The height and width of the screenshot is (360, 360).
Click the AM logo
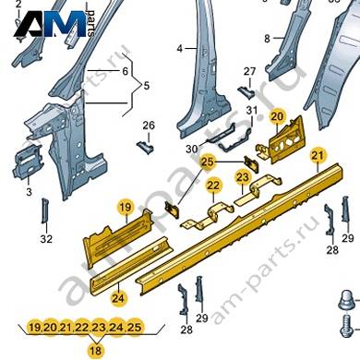[x=51, y=24]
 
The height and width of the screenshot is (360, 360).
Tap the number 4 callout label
[x=180, y=49]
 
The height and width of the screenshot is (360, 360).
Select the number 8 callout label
[x=267, y=39]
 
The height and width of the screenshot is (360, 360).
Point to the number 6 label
[x=125, y=71]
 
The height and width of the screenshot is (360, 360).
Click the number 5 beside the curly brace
[x=147, y=85]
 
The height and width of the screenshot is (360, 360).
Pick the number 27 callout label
[x=249, y=71]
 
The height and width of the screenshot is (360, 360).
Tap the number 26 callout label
[x=149, y=126]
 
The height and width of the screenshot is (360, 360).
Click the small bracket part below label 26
[x=145, y=148]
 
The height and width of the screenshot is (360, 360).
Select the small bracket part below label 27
[x=246, y=92]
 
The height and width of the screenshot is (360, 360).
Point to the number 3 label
[x=29, y=192]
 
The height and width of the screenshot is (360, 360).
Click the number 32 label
[x=46, y=238]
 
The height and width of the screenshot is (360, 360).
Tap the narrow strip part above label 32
[x=44, y=210]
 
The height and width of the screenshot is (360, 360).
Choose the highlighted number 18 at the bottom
[x=96, y=351]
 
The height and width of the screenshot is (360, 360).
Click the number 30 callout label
[x=192, y=150]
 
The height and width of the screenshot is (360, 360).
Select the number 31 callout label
[x=252, y=110]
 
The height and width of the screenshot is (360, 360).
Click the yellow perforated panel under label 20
[x=284, y=138]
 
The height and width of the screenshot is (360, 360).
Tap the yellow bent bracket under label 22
[x=210, y=215]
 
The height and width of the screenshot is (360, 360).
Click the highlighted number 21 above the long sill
[x=318, y=155]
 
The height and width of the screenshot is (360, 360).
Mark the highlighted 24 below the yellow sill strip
[x=118, y=298]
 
